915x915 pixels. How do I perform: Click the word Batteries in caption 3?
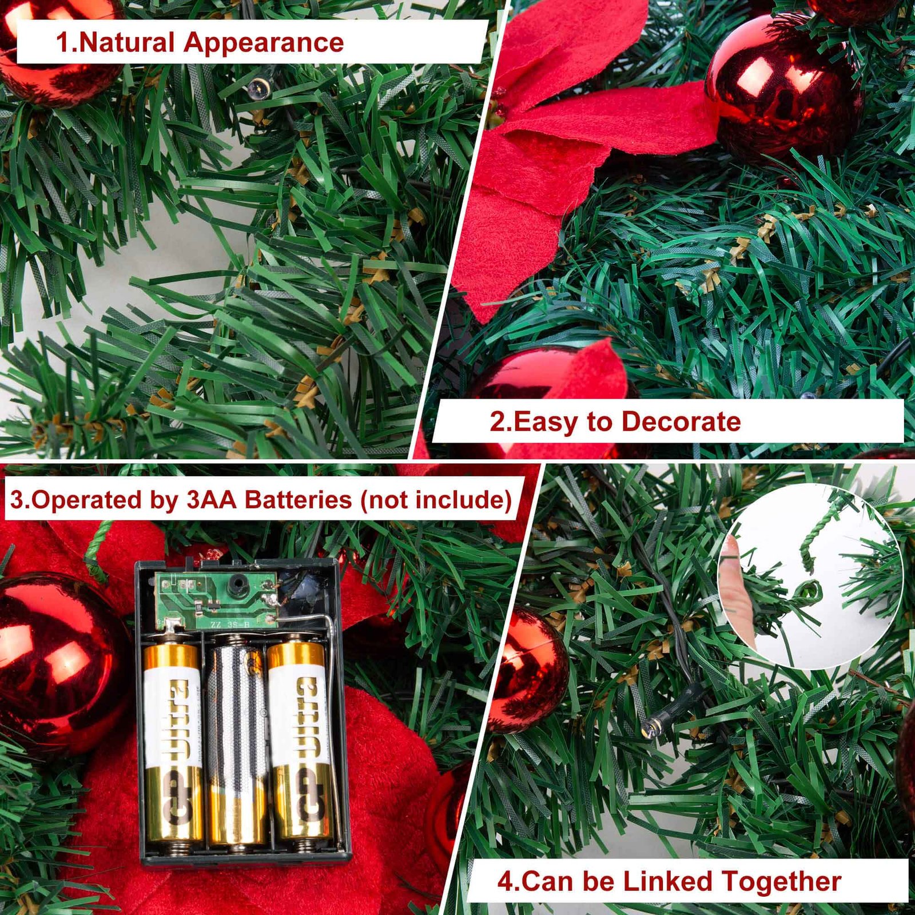298,500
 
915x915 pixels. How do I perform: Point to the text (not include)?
436,500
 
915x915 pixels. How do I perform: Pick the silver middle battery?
238,743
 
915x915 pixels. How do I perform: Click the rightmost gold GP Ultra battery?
301,743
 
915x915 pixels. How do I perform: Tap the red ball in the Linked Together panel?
529,669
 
